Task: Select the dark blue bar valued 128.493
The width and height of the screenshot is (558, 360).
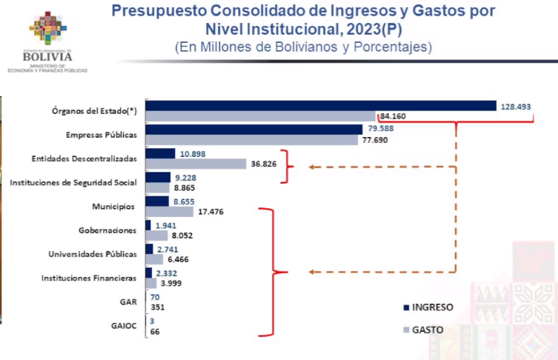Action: (320, 105)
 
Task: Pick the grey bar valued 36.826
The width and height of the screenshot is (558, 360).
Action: (196, 164)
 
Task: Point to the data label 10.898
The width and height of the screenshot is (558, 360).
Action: (192, 153)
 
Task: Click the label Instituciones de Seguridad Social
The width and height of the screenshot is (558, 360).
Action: (73, 182)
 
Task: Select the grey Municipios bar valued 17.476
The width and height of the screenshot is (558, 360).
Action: (170, 212)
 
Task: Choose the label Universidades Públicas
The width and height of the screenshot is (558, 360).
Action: (93, 254)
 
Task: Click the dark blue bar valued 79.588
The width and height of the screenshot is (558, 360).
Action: (253, 130)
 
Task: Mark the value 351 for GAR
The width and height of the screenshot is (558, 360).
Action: (157, 307)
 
